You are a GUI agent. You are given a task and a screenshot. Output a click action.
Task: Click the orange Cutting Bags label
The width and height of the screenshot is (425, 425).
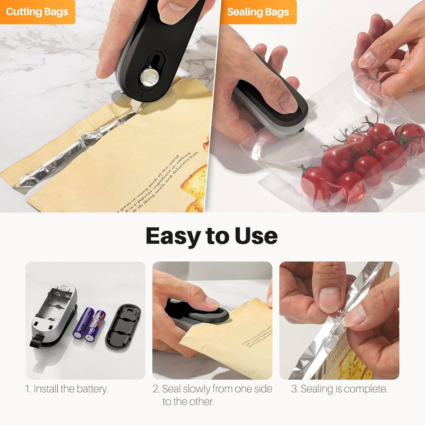(x=37, y=12)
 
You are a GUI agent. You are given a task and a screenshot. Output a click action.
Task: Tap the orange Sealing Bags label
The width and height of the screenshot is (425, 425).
(x=258, y=12)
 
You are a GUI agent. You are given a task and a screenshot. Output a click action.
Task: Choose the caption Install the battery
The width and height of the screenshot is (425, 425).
(x=67, y=389)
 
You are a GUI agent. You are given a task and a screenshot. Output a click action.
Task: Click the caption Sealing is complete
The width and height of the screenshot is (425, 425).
(x=339, y=389)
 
